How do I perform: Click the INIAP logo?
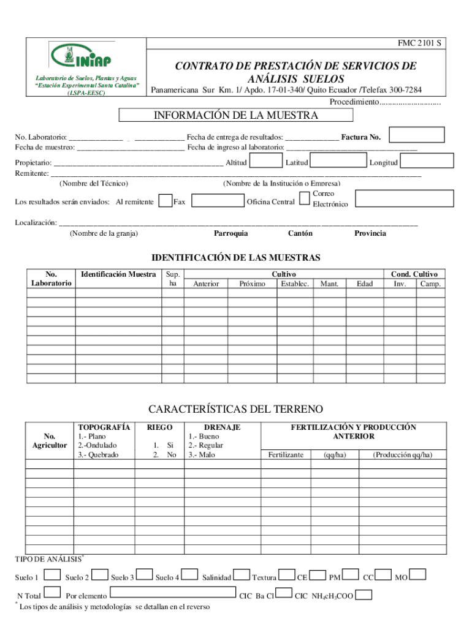pyautogui.click(x=85, y=56)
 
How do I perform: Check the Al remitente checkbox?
pyautogui.click(x=165, y=201)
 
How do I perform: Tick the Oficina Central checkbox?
pyautogui.click(x=305, y=197)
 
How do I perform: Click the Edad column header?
pyautogui.click(x=365, y=283)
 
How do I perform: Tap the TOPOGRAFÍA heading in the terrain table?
pyautogui.click(x=104, y=427)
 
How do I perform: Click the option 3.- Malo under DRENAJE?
pyautogui.click(x=202, y=454)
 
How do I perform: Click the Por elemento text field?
pyautogui.click(x=172, y=593)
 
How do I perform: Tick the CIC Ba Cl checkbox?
pyautogui.click(x=283, y=593)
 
